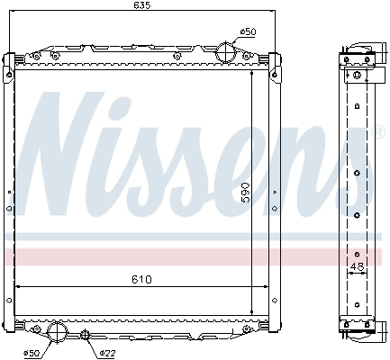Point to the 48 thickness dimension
point(358,266)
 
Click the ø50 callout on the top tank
point(248,32)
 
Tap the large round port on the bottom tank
point(57,333)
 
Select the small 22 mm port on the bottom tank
point(86,337)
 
